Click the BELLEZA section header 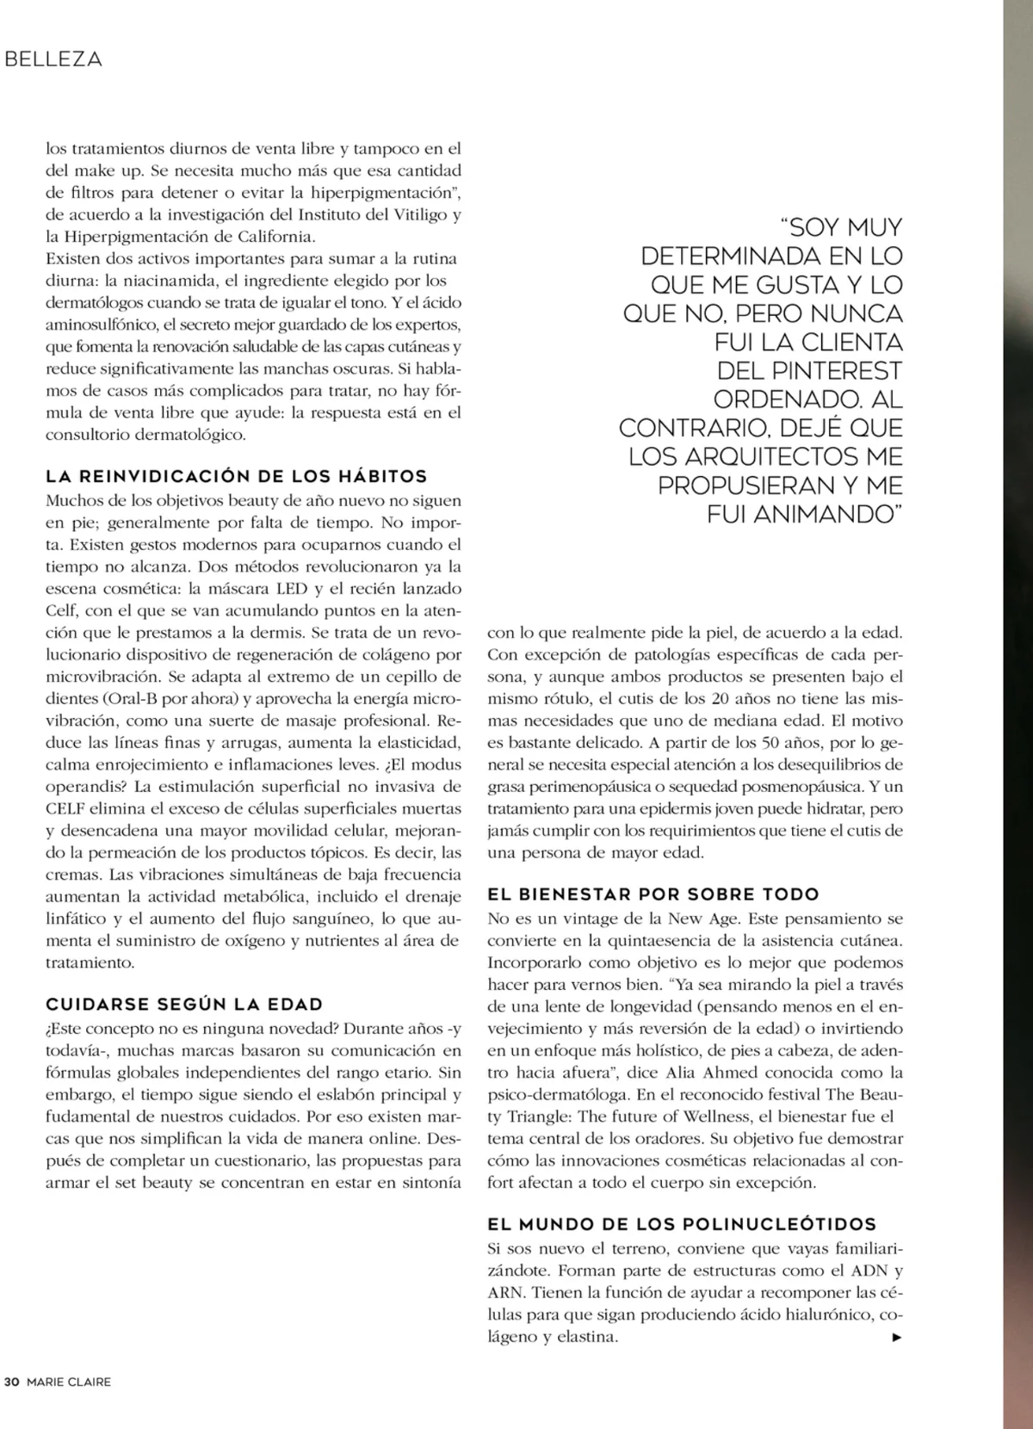(x=53, y=59)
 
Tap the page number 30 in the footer (x=12, y=1383)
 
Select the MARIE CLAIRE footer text (x=69, y=1383)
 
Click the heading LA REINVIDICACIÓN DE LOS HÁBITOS (x=236, y=477)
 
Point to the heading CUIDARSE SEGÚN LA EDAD (x=184, y=1005)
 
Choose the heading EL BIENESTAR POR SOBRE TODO (x=653, y=894)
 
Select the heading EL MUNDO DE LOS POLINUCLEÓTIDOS (x=682, y=1224)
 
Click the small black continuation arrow (x=897, y=1338)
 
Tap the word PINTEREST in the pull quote (x=833, y=371)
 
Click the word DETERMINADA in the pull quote (x=731, y=257)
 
